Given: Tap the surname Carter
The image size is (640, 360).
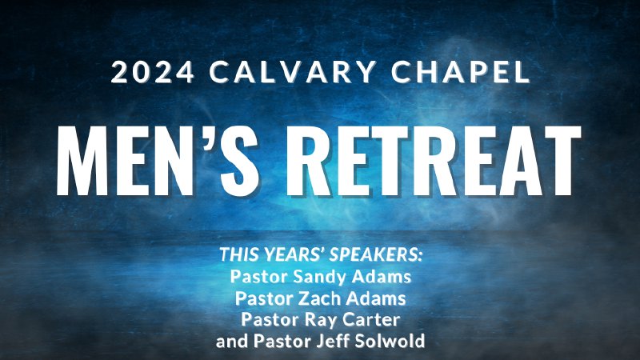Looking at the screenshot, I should (372, 320).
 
